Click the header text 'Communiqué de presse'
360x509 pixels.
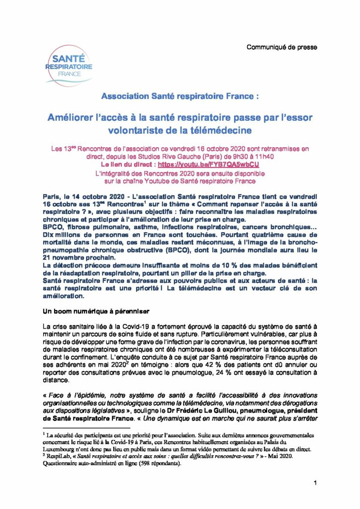(282, 47)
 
